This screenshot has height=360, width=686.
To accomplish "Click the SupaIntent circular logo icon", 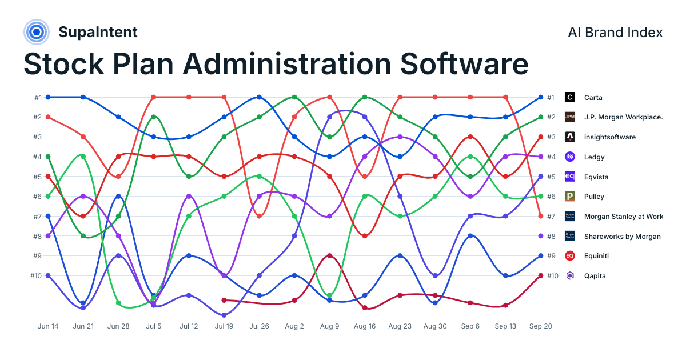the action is pyautogui.click(x=37, y=32).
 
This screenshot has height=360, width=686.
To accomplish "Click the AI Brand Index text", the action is pyautogui.click(x=615, y=33).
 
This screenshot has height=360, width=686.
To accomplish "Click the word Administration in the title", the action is pyautogui.click(x=286, y=64).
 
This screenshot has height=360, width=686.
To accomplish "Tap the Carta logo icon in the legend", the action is pyautogui.click(x=569, y=97).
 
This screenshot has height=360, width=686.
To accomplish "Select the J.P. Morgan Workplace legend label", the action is pyautogui.click(x=623, y=117).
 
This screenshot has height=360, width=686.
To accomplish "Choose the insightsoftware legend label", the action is pyautogui.click(x=610, y=137).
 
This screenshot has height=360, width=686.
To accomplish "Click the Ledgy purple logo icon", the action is pyautogui.click(x=569, y=157).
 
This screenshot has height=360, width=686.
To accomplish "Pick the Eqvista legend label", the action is pyautogui.click(x=596, y=177).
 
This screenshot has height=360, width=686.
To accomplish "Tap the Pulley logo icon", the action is pyautogui.click(x=569, y=196).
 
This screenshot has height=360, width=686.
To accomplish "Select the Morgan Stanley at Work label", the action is pyautogui.click(x=624, y=217).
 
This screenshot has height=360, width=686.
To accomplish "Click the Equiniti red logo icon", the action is pyautogui.click(x=569, y=256).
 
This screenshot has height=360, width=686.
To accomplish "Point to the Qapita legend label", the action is pyautogui.click(x=595, y=276).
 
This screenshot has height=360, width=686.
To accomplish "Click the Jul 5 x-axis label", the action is pyautogui.click(x=153, y=326).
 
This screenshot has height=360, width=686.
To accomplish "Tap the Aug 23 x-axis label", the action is pyautogui.click(x=400, y=326).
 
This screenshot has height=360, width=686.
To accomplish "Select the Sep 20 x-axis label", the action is pyautogui.click(x=541, y=326).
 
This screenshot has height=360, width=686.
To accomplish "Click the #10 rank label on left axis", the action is pyautogui.click(x=36, y=276).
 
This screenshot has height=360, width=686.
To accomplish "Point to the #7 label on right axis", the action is pyautogui.click(x=551, y=217).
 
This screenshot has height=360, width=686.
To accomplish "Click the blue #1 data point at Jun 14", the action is pyautogui.click(x=48, y=97).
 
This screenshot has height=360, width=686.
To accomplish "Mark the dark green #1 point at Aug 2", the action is pyautogui.click(x=294, y=97).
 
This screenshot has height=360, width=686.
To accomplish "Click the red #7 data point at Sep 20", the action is pyautogui.click(x=541, y=216).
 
